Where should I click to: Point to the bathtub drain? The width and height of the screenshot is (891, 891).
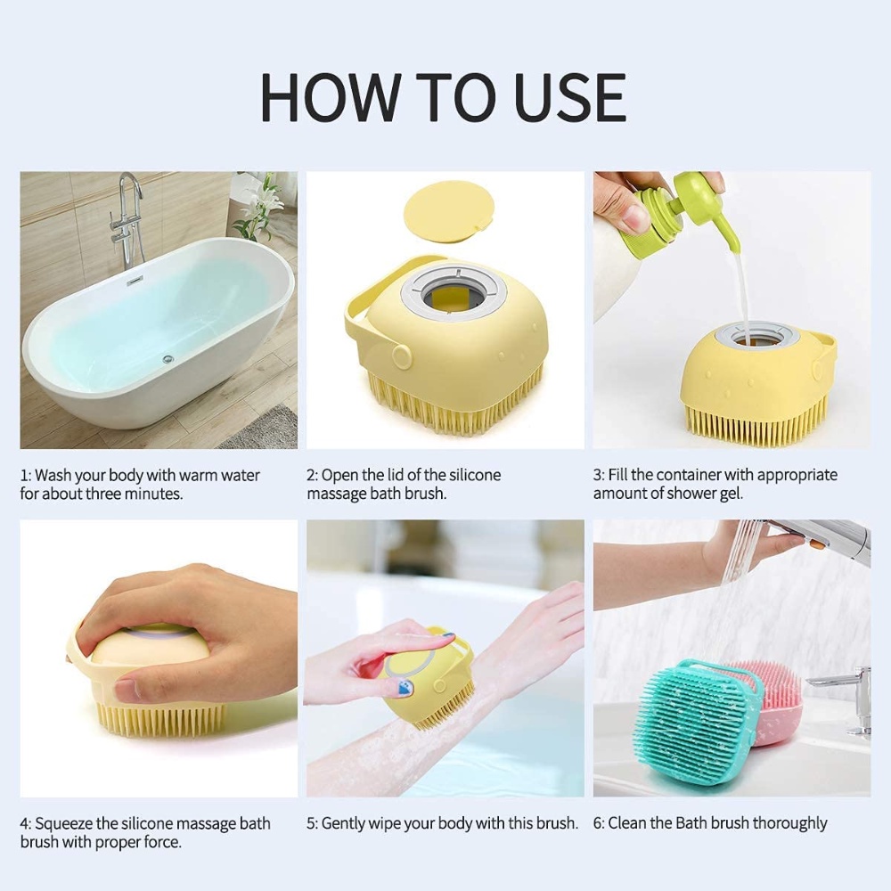click(x=168, y=359)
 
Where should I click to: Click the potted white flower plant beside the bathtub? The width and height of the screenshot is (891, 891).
click(x=259, y=209)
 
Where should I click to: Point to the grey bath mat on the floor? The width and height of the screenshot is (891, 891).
click(x=263, y=428)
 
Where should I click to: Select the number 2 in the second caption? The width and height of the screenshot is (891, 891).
click(x=312, y=475)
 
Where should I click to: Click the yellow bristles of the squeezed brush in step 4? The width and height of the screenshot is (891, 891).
click(x=160, y=717)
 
